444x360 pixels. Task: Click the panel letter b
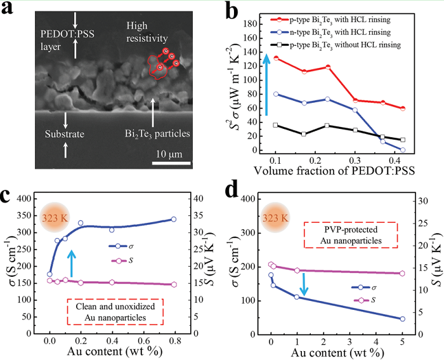pos(231,12)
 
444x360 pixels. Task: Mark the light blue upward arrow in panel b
pos(267,84)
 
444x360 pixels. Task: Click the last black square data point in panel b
pos(403,140)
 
